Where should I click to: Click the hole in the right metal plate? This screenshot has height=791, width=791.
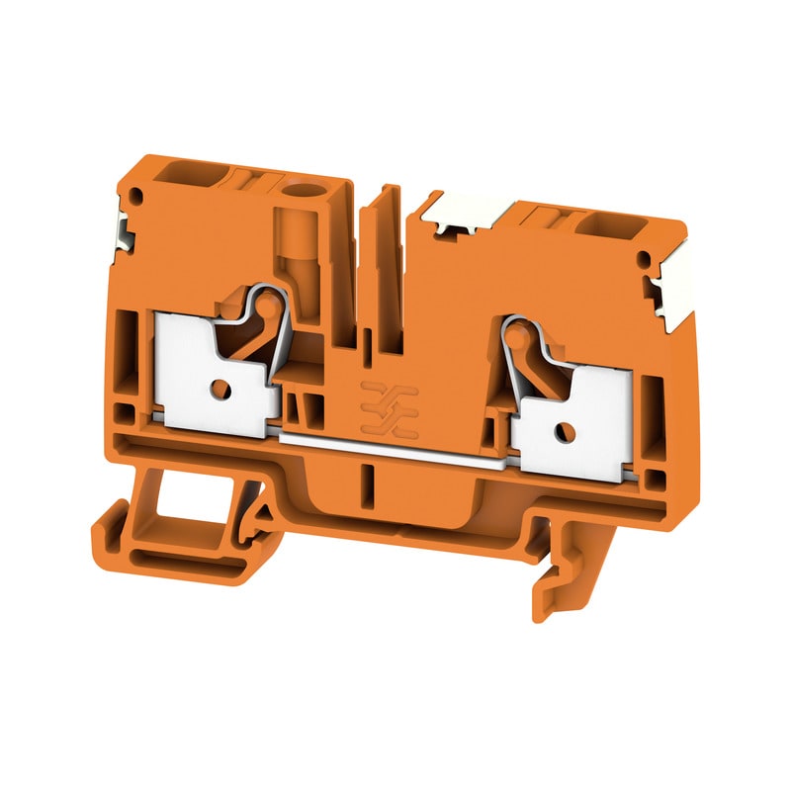(x=563, y=431)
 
